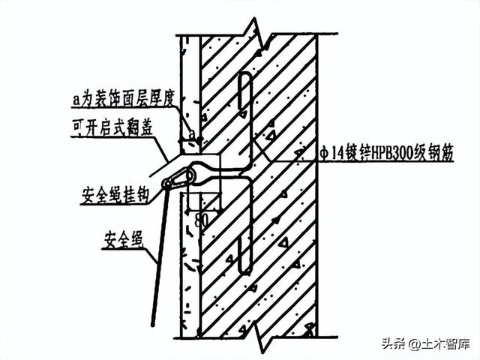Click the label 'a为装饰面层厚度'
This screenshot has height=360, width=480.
point(123,99)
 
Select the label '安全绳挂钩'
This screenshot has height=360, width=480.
point(115,196)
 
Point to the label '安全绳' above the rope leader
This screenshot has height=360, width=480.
point(123,240)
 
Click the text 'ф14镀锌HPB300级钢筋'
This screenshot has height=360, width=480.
point(385,151)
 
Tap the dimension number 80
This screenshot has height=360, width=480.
point(201,220)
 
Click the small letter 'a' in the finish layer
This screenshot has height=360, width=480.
point(192,134)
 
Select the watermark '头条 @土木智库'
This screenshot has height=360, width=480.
point(425,343)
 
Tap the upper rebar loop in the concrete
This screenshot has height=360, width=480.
point(245,91)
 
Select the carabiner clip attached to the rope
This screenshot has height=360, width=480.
point(175,181)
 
